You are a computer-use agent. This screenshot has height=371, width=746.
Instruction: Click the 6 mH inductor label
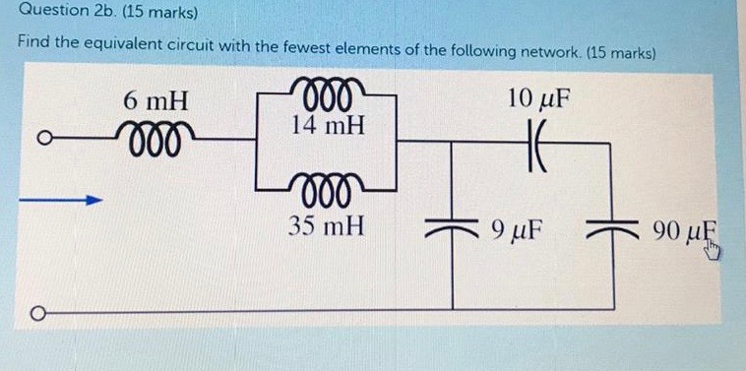click(156, 100)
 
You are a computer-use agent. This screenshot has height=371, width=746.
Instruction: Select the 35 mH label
click(328, 226)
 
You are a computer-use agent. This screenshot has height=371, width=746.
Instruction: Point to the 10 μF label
click(538, 98)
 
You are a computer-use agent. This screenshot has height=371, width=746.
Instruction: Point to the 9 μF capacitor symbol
click(454, 226)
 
